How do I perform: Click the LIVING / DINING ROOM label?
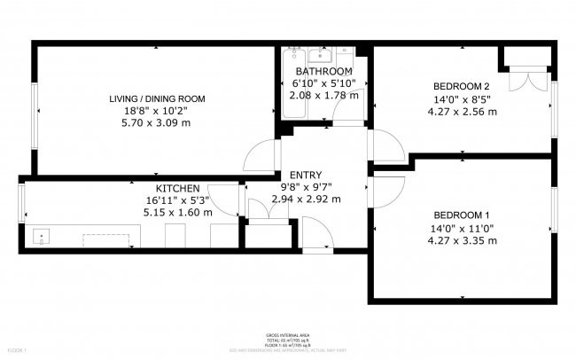(157, 98)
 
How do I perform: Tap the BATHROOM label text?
(324, 71)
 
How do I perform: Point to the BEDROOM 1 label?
(462, 215)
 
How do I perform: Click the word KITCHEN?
(178, 188)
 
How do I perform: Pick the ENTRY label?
(305, 175)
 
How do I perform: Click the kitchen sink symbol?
(40, 237)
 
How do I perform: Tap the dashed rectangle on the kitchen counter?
(110, 239)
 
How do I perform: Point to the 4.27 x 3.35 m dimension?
(462, 239)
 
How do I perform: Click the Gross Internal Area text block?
(288, 340)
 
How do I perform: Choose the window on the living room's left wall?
(35, 115)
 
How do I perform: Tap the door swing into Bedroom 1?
(387, 190)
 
